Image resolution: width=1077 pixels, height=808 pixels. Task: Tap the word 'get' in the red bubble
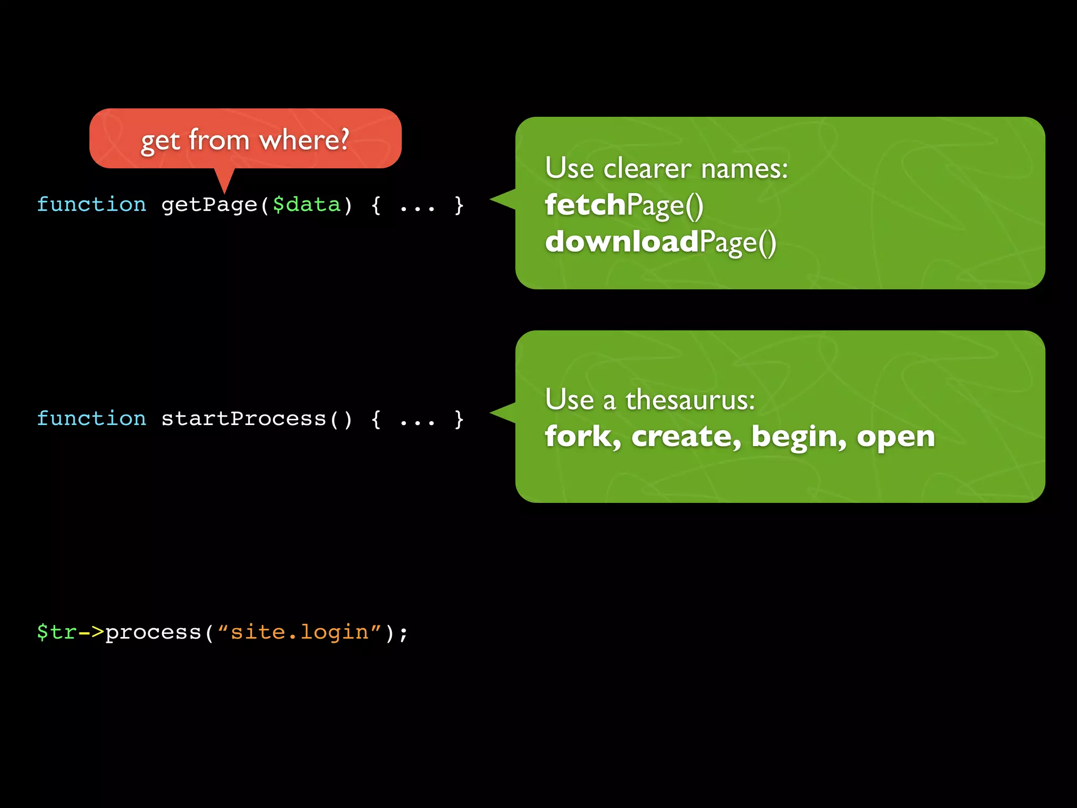click(x=160, y=141)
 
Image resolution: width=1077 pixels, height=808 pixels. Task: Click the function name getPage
click(x=209, y=205)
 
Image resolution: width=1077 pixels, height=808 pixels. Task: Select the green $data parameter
click(x=307, y=205)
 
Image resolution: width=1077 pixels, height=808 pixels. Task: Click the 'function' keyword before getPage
click(x=92, y=205)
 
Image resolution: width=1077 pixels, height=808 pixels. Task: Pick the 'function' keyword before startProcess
click(x=92, y=419)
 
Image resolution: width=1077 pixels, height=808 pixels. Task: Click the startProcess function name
click(x=243, y=419)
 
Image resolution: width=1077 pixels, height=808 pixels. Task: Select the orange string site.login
click(x=300, y=632)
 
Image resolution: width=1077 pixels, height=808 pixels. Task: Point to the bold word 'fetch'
click(x=585, y=205)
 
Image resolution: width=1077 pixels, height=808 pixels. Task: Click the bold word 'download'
click(x=622, y=241)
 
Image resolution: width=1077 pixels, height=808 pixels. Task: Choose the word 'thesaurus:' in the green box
click(x=690, y=400)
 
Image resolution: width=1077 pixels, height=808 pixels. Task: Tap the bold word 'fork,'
click(x=583, y=437)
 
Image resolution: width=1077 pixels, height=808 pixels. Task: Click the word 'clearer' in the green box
click(x=647, y=169)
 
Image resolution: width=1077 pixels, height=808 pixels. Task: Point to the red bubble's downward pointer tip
click(x=225, y=191)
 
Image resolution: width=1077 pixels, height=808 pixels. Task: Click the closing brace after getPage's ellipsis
click(x=459, y=205)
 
